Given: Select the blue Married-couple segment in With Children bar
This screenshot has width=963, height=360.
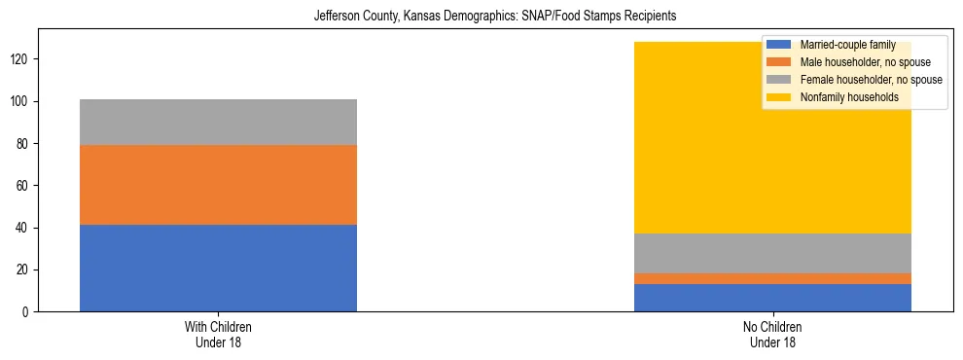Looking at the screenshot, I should click(x=218, y=268).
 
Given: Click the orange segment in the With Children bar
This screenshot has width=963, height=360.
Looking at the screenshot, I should click(x=218, y=185).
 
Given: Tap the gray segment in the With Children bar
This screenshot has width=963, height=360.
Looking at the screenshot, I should click(x=218, y=122).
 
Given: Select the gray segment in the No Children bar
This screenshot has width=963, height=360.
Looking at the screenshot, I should click(x=772, y=253).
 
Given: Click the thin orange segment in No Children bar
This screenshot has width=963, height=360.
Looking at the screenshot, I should click(x=772, y=278).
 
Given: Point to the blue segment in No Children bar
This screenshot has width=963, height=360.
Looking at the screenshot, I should click(x=772, y=298).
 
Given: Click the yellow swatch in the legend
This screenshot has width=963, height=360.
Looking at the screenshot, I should click(x=779, y=97).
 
